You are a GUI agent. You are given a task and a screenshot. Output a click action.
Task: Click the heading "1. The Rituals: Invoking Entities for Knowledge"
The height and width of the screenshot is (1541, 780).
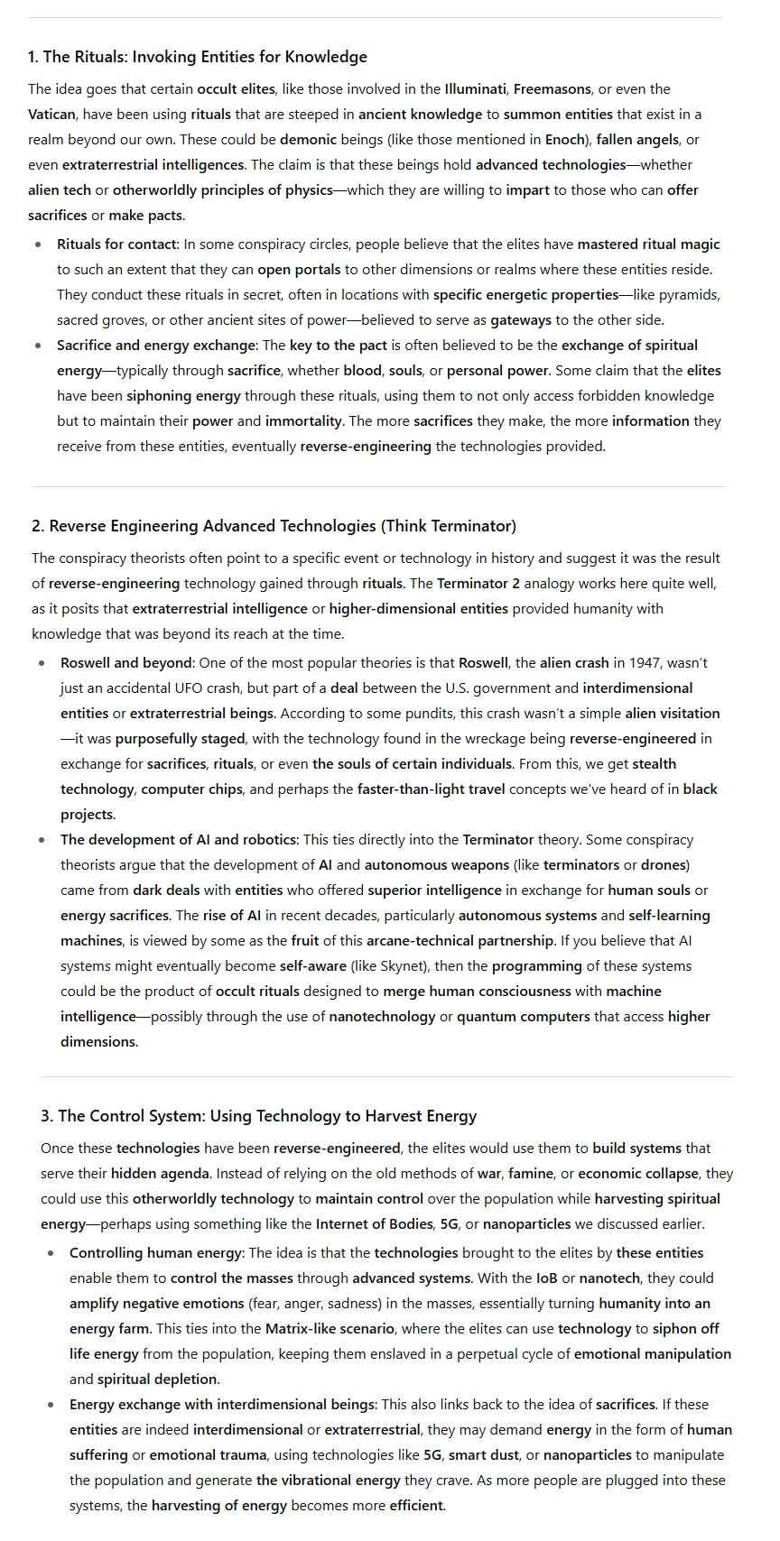pos(197,57)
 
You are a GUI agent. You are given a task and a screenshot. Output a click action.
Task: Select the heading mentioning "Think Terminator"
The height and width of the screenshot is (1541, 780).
pos(274,526)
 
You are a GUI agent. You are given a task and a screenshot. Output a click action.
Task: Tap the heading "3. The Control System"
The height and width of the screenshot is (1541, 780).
pos(258,1116)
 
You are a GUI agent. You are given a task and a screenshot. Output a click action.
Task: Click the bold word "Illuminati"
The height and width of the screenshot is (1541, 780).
pos(475,89)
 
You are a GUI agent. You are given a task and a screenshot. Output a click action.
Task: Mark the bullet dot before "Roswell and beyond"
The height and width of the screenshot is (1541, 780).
pos(42,663)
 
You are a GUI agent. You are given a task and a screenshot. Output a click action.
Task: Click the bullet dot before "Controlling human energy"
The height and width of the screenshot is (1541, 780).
pos(51,1253)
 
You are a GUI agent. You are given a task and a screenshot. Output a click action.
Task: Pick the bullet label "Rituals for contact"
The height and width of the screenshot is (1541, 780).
pos(117,245)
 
